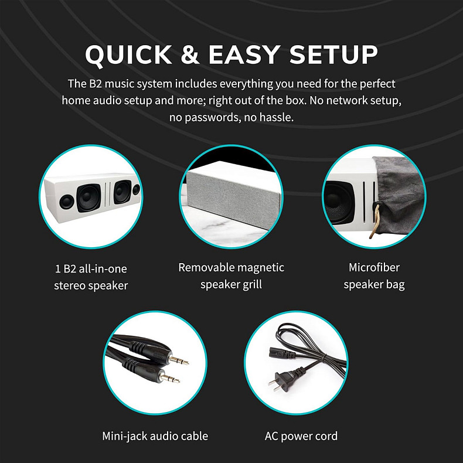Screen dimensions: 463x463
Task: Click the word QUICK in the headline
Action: [128, 55]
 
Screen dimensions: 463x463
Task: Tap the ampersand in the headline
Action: [190, 55]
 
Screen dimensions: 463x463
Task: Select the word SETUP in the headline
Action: [333, 55]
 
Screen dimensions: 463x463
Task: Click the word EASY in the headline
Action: [244, 55]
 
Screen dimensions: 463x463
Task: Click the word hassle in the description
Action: [276, 117]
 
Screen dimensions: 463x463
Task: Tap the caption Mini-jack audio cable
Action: [155, 436]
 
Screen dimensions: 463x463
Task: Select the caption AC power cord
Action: [301, 436]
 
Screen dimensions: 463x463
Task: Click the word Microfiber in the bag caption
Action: [374, 267]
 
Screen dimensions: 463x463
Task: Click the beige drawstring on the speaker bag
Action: [375, 219]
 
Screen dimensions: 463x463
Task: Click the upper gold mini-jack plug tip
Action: [179, 360]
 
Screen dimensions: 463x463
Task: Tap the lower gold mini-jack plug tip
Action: [170, 378]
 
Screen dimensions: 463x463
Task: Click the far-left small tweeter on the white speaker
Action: [67, 202]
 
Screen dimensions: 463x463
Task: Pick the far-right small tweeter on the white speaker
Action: [136, 189]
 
